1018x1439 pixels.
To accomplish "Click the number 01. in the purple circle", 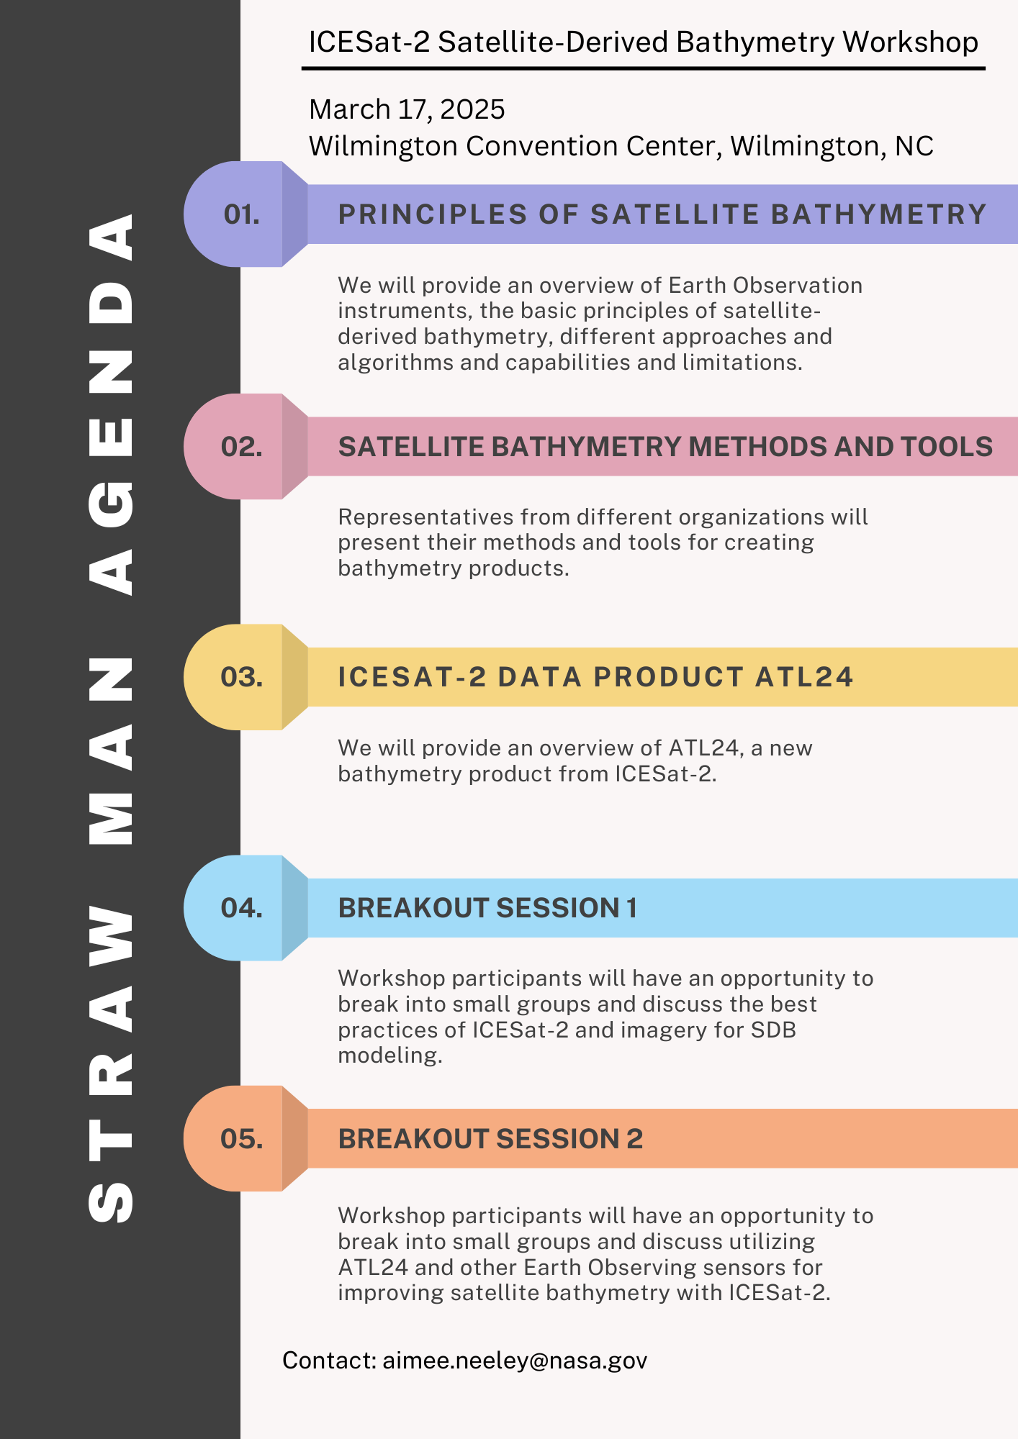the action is pyautogui.click(x=242, y=214).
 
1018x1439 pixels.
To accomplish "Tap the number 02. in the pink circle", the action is pyautogui.click(x=242, y=447).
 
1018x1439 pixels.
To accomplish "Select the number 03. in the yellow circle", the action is pyautogui.click(x=242, y=677).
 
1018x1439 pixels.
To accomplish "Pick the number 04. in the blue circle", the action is pyautogui.click(x=242, y=908).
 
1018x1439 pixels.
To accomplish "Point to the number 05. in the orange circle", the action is pyautogui.click(x=242, y=1139).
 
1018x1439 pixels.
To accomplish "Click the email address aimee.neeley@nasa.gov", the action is pyautogui.click(x=515, y=1361).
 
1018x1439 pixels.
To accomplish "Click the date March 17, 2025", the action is pyautogui.click(x=407, y=109).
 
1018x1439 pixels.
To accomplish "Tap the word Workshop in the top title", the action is pyautogui.click(x=910, y=42).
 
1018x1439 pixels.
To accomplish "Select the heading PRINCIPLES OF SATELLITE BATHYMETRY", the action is pyautogui.click(x=662, y=214).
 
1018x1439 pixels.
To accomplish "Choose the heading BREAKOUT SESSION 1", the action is pyautogui.click(x=487, y=908).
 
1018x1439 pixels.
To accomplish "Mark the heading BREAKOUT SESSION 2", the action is pyautogui.click(x=490, y=1139).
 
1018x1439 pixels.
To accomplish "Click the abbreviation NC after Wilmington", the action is pyautogui.click(x=914, y=146).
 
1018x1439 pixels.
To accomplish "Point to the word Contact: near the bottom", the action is pyautogui.click(x=329, y=1361).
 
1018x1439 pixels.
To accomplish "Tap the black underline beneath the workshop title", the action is pyautogui.click(x=643, y=68).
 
